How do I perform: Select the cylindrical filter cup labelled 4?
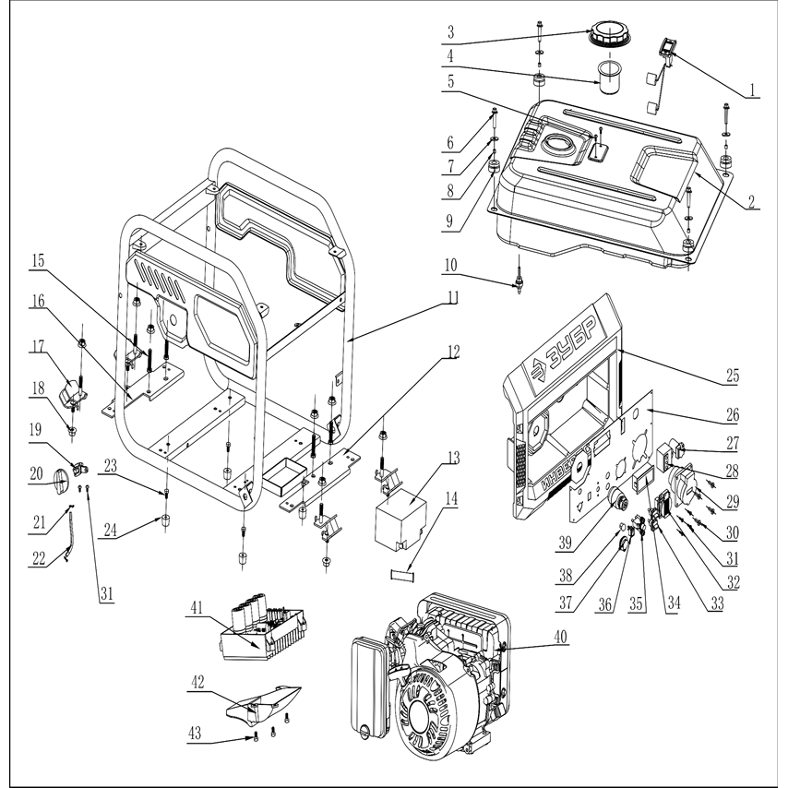[x=610, y=78]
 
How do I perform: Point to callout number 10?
[x=451, y=265]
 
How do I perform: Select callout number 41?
[x=197, y=609]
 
